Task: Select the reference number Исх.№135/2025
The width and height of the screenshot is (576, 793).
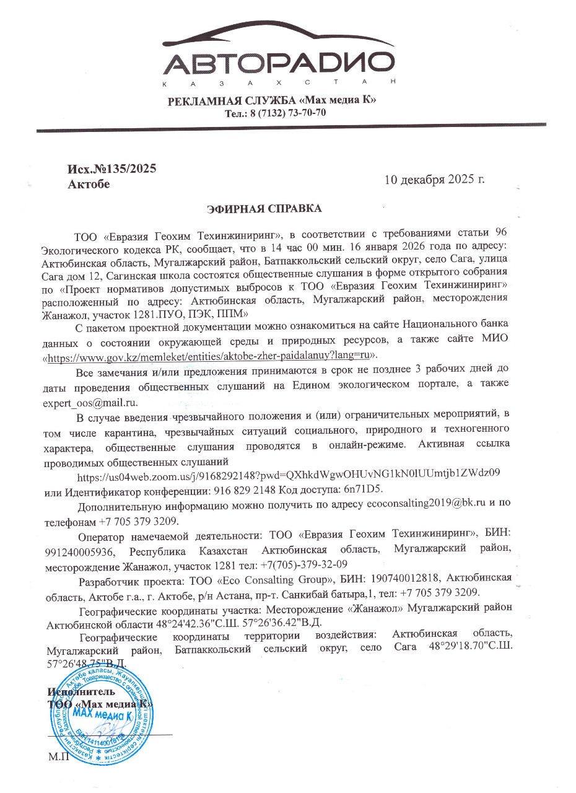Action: [112, 169]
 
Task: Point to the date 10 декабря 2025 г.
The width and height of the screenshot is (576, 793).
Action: [434, 180]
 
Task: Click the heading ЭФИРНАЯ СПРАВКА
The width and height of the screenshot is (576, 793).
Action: [264, 209]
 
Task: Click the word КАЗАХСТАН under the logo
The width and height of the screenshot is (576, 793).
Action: [280, 83]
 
